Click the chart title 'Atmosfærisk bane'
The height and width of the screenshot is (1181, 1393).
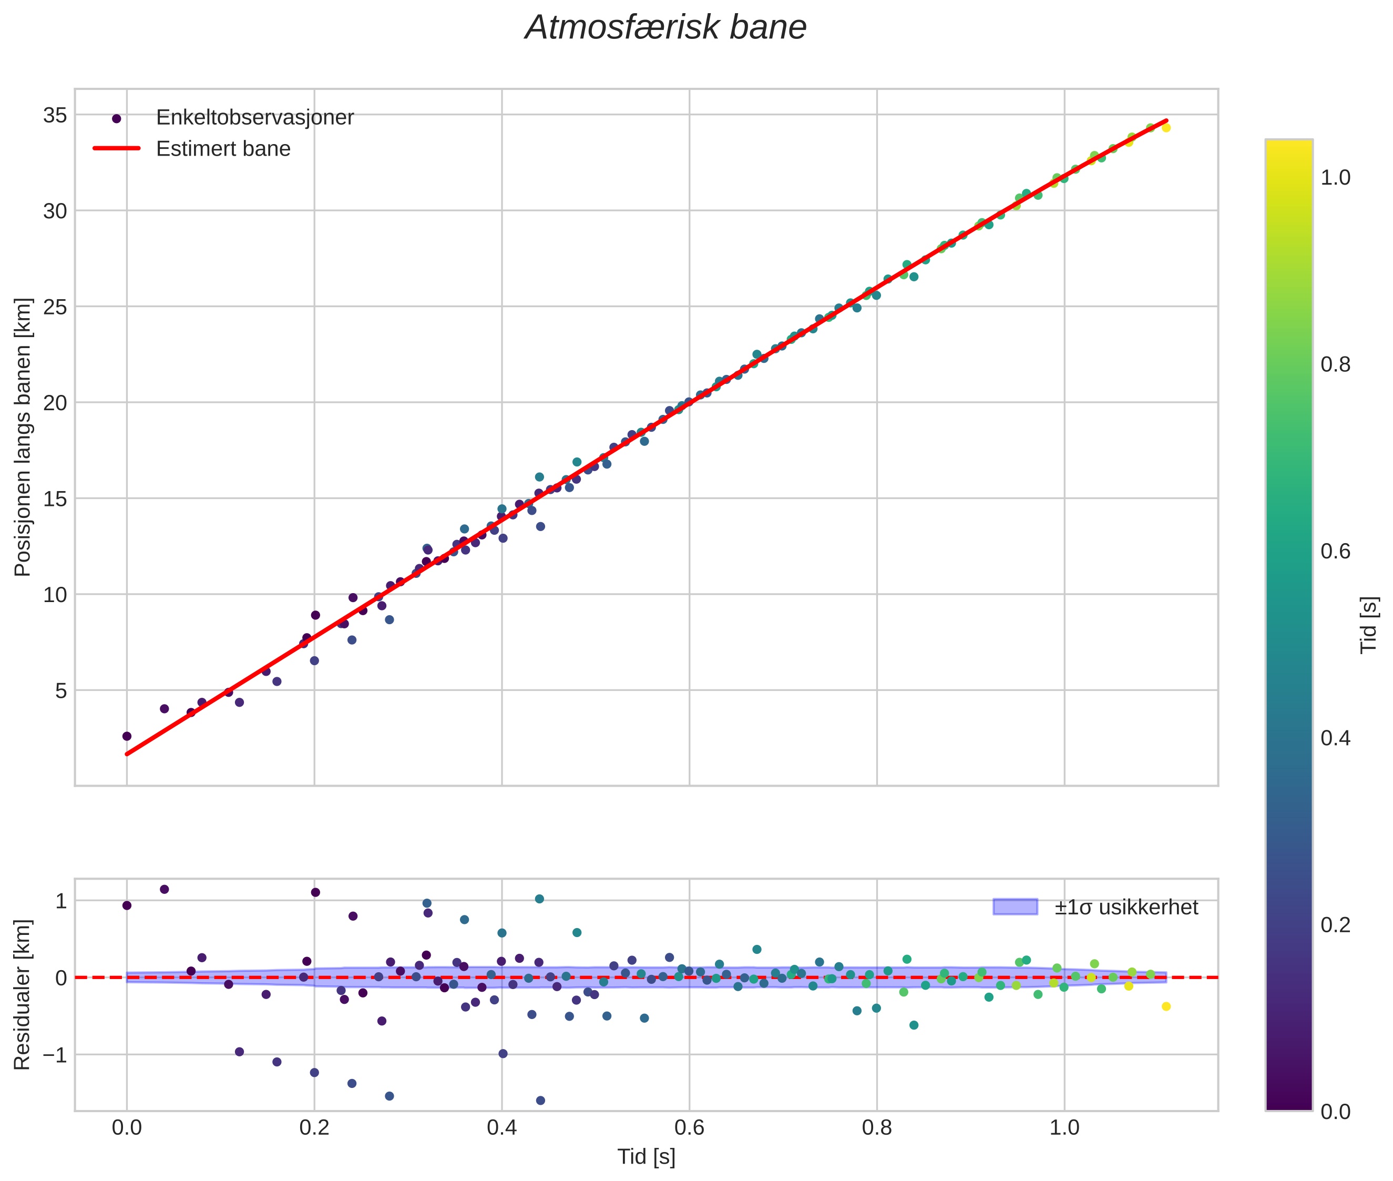point(665,28)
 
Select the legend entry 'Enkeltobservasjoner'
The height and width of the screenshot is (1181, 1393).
point(254,118)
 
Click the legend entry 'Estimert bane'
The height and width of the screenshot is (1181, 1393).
point(223,149)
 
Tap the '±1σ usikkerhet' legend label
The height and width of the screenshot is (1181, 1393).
point(1126,907)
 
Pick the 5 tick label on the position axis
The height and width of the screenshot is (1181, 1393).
point(61,690)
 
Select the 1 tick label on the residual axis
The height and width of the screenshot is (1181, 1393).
point(61,901)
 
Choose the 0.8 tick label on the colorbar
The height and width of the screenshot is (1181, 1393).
point(1335,364)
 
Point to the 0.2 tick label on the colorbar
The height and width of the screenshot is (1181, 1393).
point(1335,924)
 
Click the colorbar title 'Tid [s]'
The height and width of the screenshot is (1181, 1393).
point(1369,624)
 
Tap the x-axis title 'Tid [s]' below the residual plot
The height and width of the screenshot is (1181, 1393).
point(646,1157)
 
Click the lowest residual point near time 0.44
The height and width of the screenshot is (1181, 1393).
point(541,1101)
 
